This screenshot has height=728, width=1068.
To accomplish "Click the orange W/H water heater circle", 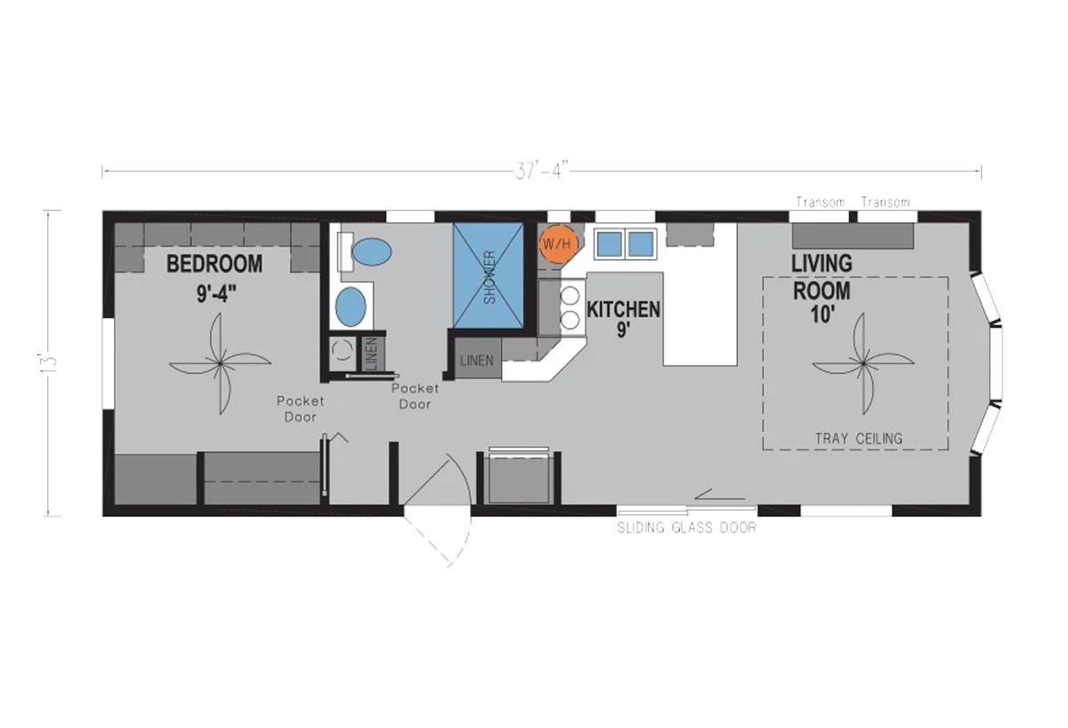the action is [558, 244].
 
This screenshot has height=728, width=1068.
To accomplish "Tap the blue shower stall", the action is [489, 276].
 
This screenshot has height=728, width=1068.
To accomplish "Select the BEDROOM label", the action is [214, 263].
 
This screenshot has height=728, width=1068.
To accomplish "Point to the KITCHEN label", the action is [623, 310].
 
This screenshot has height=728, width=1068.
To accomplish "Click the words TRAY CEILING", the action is [859, 439].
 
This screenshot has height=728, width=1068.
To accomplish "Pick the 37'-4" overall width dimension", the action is [542, 171].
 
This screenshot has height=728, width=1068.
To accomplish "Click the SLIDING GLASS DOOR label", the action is [686, 528].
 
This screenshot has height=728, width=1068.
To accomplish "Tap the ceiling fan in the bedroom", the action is [221, 364].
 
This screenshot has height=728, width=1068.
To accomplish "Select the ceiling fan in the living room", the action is [863, 364].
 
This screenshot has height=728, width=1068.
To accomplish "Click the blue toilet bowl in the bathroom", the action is [371, 252].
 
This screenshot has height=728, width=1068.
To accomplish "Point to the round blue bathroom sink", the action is [351, 306].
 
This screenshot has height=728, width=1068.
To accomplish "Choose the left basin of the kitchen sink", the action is [610, 244].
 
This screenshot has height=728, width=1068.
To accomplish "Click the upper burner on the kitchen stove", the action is [570, 296].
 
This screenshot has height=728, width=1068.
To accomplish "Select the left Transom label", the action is [820, 203].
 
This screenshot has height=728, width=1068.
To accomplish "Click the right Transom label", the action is [886, 203].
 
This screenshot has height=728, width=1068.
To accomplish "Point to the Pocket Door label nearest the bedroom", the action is [301, 409].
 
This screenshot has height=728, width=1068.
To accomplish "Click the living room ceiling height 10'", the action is [822, 315].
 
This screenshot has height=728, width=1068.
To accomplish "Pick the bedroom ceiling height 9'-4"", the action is [216, 294].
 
